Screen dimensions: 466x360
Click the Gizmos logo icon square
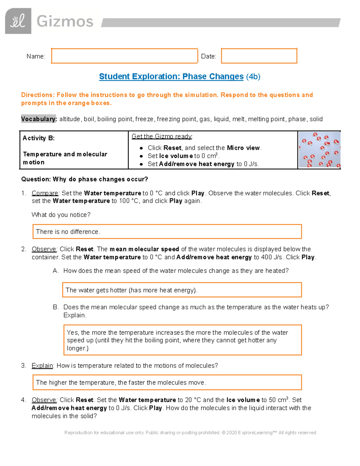point(18,21)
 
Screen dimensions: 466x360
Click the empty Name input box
point(124,56)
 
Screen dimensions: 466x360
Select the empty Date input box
point(259,56)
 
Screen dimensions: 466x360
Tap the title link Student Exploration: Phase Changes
point(171,77)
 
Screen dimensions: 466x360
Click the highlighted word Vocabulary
point(39,119)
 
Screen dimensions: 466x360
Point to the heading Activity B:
point(39,138)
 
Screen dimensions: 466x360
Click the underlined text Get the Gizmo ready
point(162,137)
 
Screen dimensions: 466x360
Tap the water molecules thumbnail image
point(319,150)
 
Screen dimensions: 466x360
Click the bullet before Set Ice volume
point(141,156)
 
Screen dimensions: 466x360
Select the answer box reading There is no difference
point(167,232)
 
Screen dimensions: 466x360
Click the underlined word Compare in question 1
point(45,193)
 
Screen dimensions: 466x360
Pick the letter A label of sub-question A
point(55,271)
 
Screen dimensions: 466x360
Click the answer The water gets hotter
point(131,290)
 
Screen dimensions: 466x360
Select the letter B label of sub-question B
point(55,307)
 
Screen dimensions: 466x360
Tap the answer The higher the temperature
point(121,383)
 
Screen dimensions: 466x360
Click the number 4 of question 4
point(23,400)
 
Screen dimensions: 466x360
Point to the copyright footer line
point(190,433)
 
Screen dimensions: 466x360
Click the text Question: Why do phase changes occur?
point(85,179)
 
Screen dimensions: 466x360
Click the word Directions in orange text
point(37,95)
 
